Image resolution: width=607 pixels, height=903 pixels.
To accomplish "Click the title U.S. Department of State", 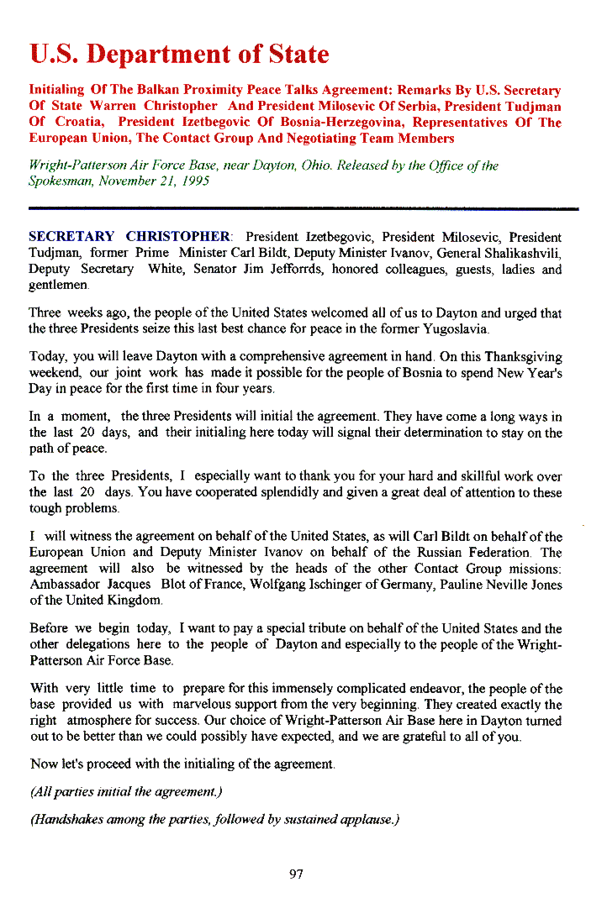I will (179, 55).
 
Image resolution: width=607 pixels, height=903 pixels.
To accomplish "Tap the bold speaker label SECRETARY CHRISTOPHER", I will (130, 237).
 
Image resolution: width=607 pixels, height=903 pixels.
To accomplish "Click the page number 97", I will (296, 874).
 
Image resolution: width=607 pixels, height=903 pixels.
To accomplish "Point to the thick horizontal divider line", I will (303, 207).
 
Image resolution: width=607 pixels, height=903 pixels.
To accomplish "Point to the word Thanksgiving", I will (519, 357).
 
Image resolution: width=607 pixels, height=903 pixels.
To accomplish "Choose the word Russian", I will (406, 553).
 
